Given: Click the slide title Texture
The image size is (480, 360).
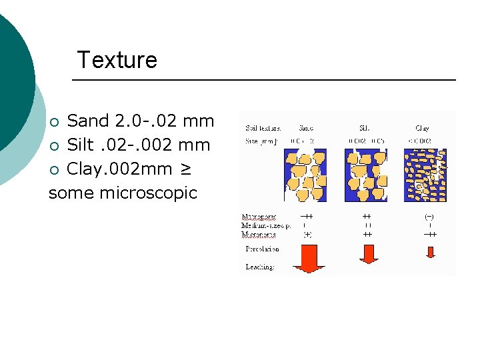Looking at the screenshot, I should pos(117,60).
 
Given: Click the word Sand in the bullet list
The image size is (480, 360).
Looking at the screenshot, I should pos(88,121).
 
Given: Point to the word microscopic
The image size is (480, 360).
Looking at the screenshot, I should pos(148,193).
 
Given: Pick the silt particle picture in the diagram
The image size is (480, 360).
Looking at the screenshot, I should pos(367,175).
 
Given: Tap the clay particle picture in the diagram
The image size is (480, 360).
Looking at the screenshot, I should pos(424,175).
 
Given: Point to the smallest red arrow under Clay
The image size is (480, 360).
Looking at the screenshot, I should pos(430,251).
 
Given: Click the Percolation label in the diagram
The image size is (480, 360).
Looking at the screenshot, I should pos(263,249).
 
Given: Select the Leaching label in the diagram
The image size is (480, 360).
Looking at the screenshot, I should pos(260,267).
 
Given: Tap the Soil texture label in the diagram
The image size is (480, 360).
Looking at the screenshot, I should pos(263,127).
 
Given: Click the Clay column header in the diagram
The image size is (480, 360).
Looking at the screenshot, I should pos(422,127).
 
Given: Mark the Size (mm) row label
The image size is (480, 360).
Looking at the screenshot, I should pos(260,140).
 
